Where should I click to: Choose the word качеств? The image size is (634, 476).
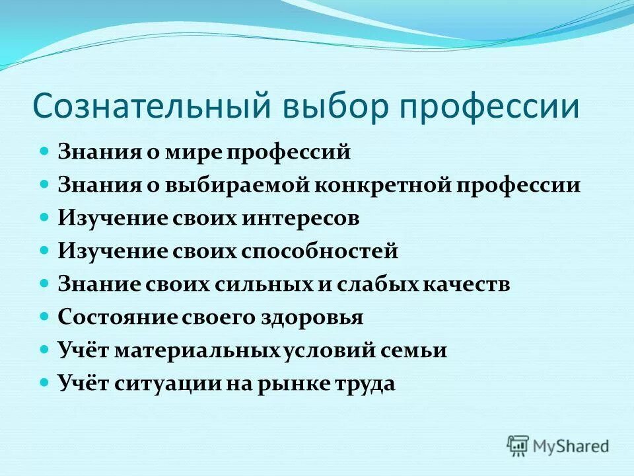[464, 284]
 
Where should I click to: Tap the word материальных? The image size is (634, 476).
[199, 350]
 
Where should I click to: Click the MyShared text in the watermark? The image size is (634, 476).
[571, 446]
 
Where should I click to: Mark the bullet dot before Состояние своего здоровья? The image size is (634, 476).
[45, 317]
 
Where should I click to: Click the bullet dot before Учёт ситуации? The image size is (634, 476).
[45, 383]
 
